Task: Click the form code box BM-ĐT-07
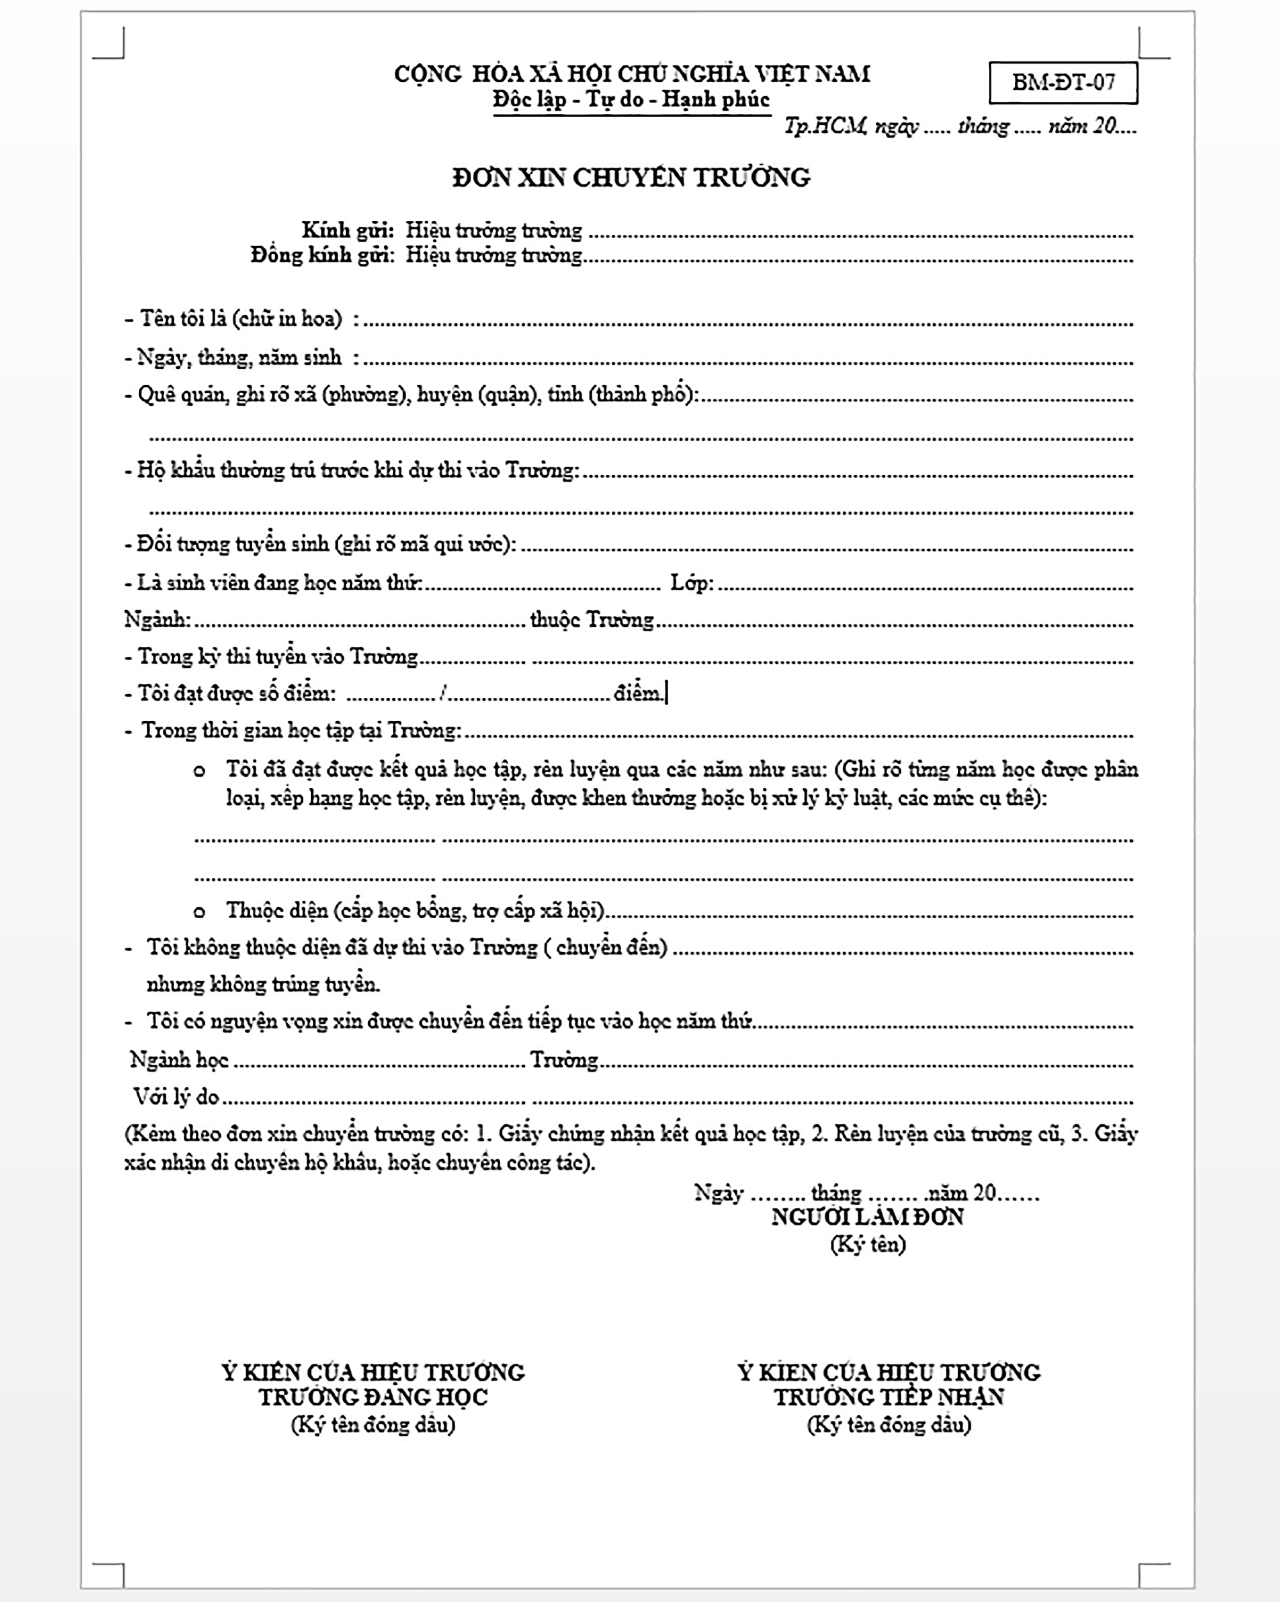point(1062,82)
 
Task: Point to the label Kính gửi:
point(347,231)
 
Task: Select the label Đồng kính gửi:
point(323,255)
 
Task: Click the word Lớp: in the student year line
point(692,583)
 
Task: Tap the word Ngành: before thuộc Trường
point(157,620)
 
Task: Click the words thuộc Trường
point(591,620)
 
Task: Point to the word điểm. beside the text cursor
point(637,693)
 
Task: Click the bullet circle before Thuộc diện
point(199,912)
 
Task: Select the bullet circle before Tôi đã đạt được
point(199,770)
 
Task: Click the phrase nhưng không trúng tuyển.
point(263,985)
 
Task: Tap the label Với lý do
point(176,1096)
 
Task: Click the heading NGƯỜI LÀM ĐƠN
point(867,1217)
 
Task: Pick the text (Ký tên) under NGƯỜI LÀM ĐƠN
point(868,1244)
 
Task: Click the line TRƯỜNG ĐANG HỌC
point(373,1397)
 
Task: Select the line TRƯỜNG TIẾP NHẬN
point(888,1397)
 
